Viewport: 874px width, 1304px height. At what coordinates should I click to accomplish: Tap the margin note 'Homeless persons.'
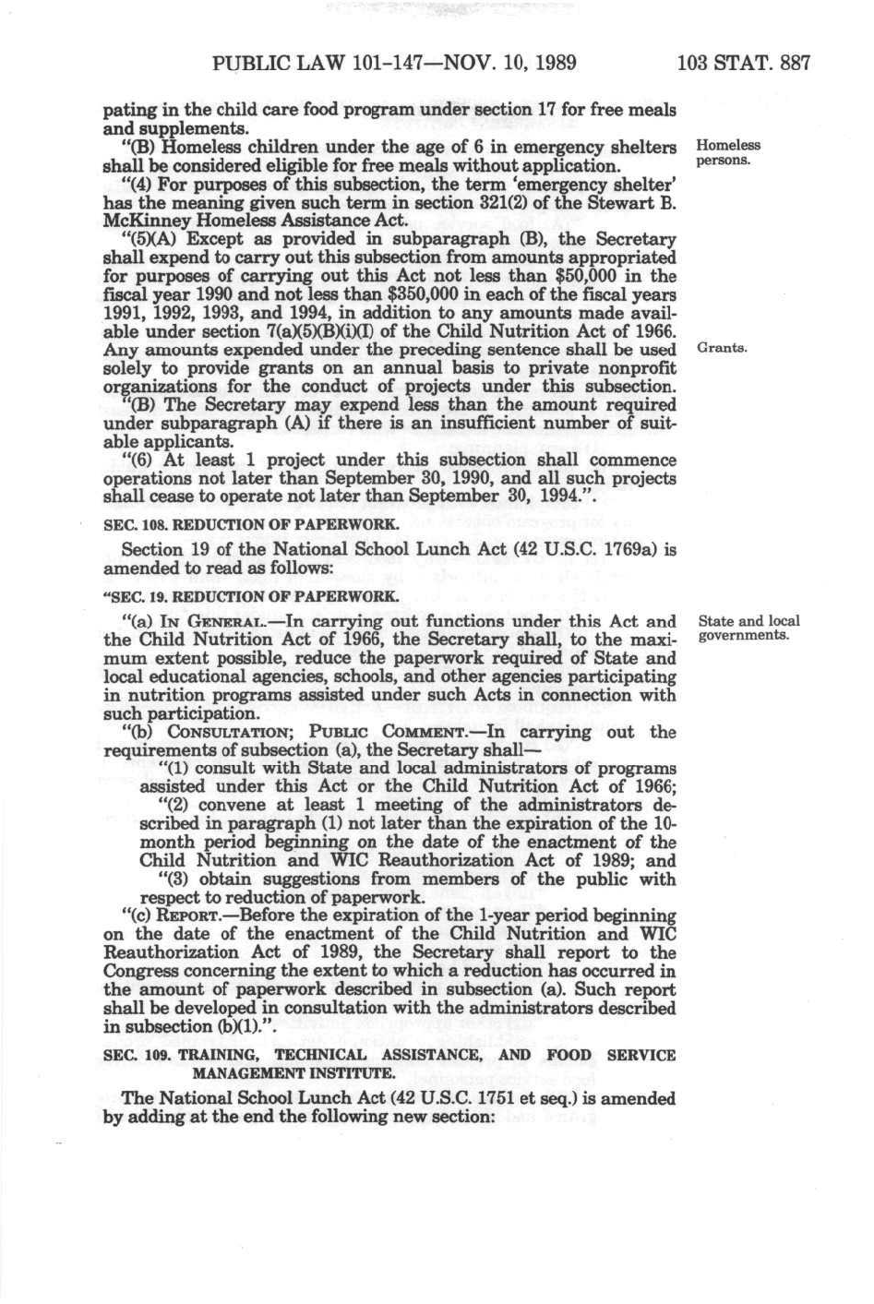pyautogui.click(x=728, y=152)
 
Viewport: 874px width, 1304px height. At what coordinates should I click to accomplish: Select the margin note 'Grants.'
pyautogui.click(x=722, y=349)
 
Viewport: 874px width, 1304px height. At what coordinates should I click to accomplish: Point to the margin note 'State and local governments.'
pyautogui.click(x=748, y=628)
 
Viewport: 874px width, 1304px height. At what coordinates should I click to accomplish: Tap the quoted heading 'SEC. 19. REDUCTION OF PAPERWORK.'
pyautogui.click(x=251, y=595)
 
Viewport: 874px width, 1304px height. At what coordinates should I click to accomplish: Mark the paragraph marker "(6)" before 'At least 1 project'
pyautogui.click(x=138, y=461)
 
